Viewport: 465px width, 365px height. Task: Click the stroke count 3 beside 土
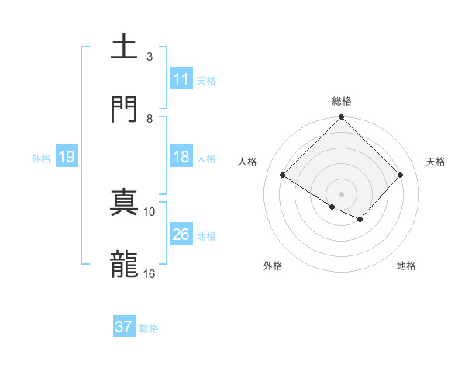[x=150, y=56]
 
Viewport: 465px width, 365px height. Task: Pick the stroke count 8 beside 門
[x=150, y=118]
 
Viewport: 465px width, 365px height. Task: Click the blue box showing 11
[x=181, y=79]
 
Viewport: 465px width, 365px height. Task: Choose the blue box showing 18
[x=181, y=157]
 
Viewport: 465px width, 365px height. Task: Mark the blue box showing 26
[x=181, y=235]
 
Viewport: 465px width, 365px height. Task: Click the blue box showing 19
[x=66, y=157]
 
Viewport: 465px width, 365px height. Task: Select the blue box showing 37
[x=123, y=327]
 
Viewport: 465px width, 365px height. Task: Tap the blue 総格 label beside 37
[x=149, y=328]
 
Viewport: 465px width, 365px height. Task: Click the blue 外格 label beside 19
[x=41, y=158]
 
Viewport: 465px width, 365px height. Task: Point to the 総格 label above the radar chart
[x=342, y=101]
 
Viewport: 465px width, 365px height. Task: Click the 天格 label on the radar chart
[x=436, y=162]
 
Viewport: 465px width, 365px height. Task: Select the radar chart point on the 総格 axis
[x=342, y=118]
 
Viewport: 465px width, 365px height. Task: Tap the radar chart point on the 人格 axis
[x=283, y=176]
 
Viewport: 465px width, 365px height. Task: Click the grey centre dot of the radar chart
[x=342, y=193]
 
